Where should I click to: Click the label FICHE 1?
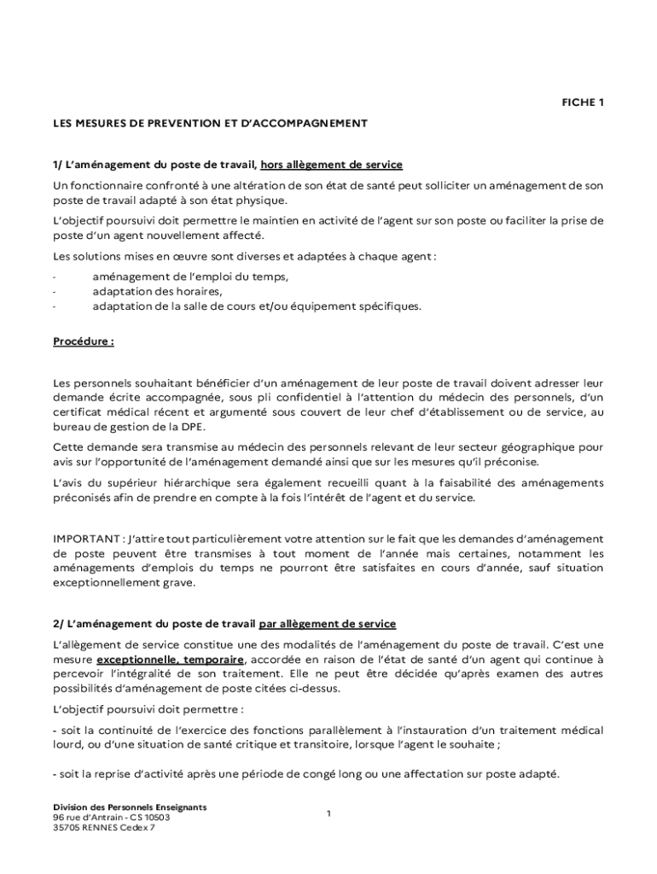[582, 102]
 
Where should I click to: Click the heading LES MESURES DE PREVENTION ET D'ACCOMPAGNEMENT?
[210, 123]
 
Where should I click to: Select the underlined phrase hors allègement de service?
[331, 164]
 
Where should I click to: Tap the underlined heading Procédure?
[83, 341]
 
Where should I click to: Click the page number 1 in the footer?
[328, 814]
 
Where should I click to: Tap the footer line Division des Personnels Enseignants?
[130, 807]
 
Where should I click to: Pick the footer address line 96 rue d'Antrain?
[111, 817]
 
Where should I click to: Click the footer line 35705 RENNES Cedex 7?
[104, 827]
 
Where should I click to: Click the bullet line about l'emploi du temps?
[190, 277]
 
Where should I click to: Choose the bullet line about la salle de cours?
[257, 306]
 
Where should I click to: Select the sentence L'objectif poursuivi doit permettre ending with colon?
[148, 708]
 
